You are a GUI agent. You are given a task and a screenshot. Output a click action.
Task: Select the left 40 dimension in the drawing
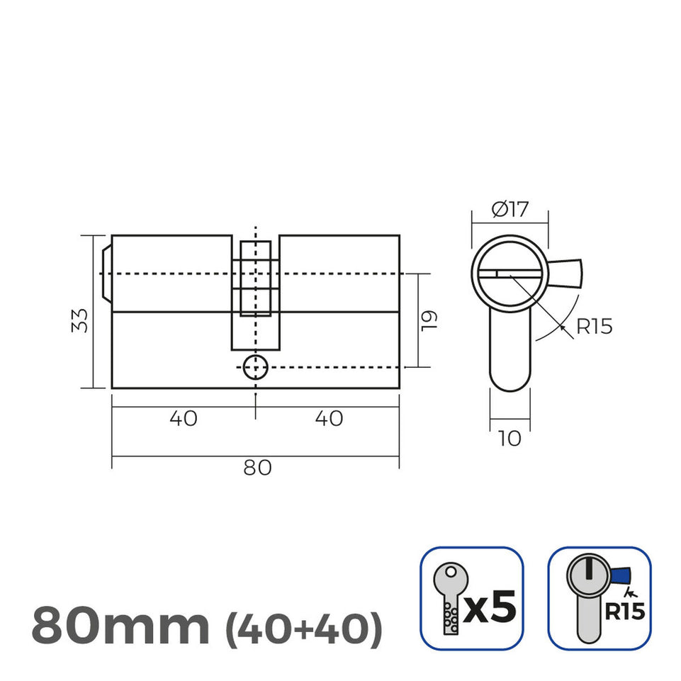[x=184, y=419]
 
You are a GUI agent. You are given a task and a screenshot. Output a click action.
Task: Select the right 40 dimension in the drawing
[x=328, y=419]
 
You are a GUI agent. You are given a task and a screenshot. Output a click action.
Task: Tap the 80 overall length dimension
[x=257, y=468]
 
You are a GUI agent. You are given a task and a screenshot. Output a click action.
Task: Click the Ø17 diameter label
[x=510, y=210]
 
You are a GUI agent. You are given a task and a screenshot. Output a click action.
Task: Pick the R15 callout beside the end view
[x=593, y=327]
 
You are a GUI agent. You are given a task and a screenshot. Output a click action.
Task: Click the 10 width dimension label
[x=510, y=439]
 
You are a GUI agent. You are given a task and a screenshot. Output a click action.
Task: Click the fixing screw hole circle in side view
[x=255, y=368]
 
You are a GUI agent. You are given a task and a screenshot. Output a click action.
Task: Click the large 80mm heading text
[x=120, y=625]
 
